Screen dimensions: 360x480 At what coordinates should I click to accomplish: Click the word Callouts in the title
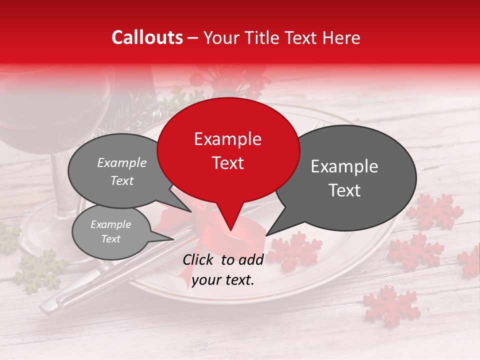147,37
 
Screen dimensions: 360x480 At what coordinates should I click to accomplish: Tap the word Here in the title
340,37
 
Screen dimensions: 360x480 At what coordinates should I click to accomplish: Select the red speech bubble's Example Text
227,151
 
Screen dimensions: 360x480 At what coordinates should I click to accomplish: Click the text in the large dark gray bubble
344,178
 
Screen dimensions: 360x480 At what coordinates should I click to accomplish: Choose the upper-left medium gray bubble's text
122,171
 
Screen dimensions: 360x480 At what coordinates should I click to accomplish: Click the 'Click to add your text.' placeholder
223,270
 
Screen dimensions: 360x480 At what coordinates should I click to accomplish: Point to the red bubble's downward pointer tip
231,231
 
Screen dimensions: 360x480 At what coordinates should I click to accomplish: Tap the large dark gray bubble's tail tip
266,234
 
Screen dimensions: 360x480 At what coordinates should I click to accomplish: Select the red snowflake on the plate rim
295,250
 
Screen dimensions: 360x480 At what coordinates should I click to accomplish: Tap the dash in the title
193,37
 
